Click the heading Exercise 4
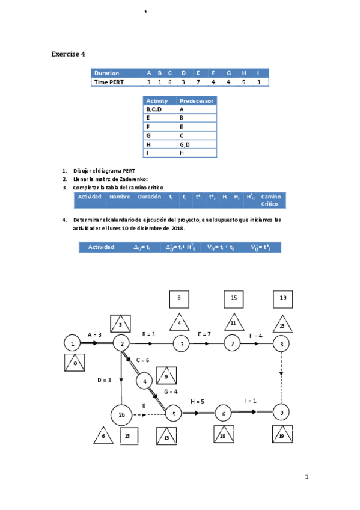click(x=68, y=54)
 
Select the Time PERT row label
click(x=109, y=82)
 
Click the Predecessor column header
click(x=196, y=101)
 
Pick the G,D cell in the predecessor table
click(x=185, y=144)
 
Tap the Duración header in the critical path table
click(x=149, y=197)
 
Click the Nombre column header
click(x=120, y=197)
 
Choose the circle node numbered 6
click(x=223, y=413)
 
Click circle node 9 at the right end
click(x=281, y=413)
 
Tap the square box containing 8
click(x=179, y=298)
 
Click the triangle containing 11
click(x=233, y=322)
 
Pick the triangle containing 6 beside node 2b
click(x=103, y=436)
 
